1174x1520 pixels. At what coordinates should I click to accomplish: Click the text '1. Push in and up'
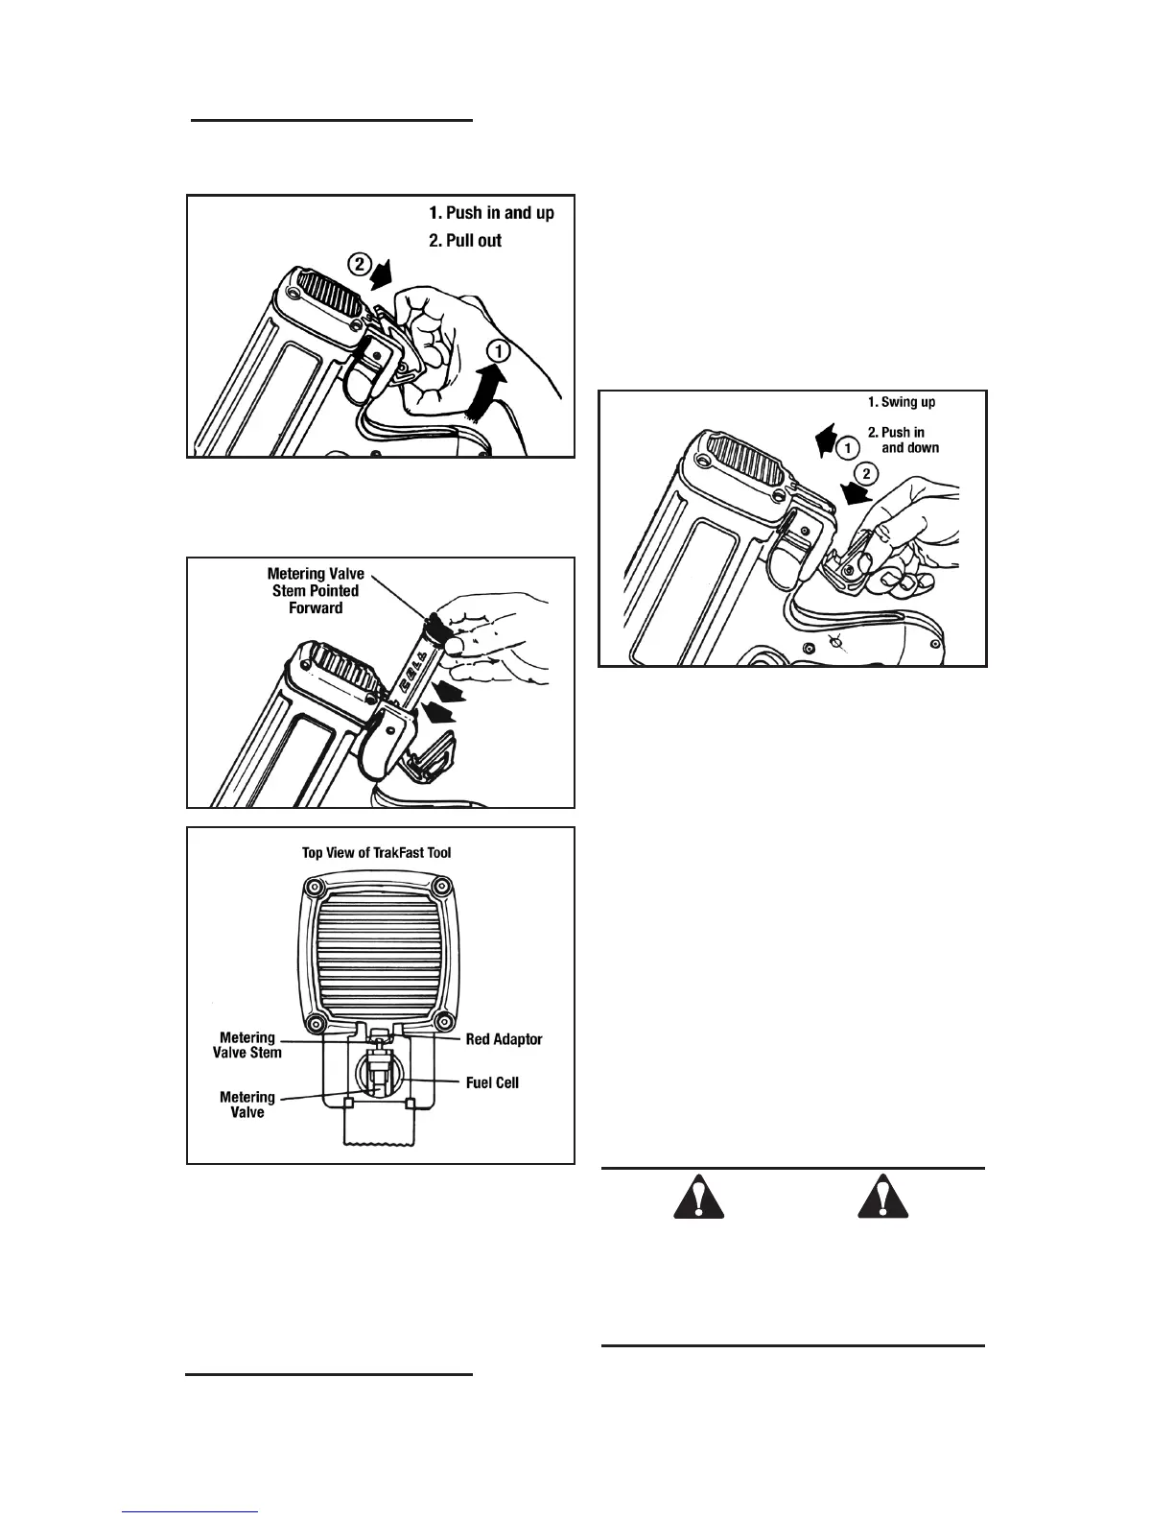[x=491, y=213]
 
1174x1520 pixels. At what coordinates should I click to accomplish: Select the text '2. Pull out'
[x=465, y=241]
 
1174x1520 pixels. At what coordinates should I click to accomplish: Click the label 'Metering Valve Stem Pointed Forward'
[x=316, y=590]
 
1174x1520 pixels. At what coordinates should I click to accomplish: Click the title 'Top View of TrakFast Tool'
[x=377, y=852]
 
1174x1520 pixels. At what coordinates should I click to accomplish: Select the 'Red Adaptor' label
[x=504, y=1039]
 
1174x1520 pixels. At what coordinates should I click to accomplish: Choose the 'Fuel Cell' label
[x=492, y=1082]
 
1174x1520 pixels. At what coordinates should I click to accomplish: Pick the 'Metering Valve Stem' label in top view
[x=247, y=1045]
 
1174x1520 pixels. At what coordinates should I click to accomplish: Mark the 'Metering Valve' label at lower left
[x=247, y=1104]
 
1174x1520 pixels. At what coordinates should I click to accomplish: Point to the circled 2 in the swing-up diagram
[x=866, y=473]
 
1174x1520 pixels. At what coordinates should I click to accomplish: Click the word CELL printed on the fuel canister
[x=414, y=662]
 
